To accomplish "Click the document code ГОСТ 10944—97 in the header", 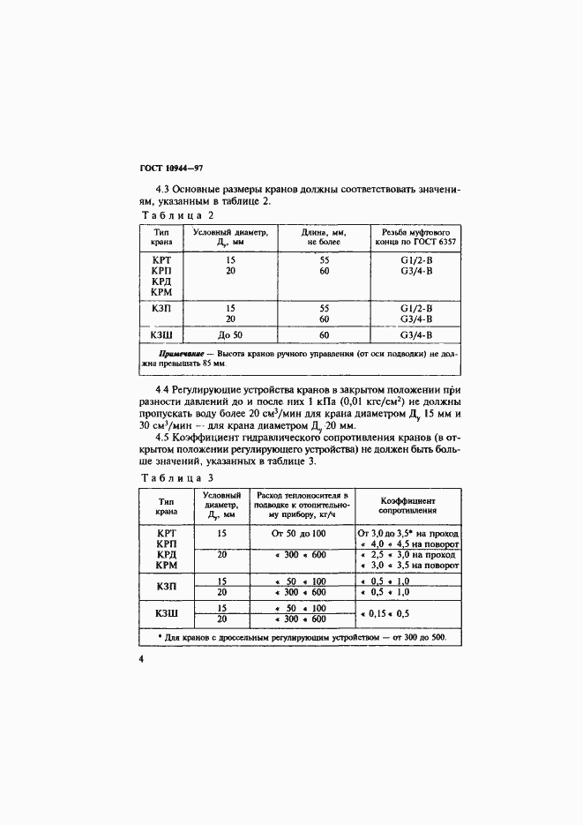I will [171, 169].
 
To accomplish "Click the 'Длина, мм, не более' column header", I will [324, 236].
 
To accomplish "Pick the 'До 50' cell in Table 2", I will [230, 335].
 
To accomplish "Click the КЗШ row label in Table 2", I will [161, 335].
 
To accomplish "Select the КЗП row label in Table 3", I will [167, 587].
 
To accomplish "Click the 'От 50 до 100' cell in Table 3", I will [300, 534].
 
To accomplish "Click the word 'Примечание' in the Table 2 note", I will [180, 355].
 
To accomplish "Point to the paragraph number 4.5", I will [163, 438].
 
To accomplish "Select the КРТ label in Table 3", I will [167, 534].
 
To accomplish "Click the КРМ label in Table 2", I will [161, 291].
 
